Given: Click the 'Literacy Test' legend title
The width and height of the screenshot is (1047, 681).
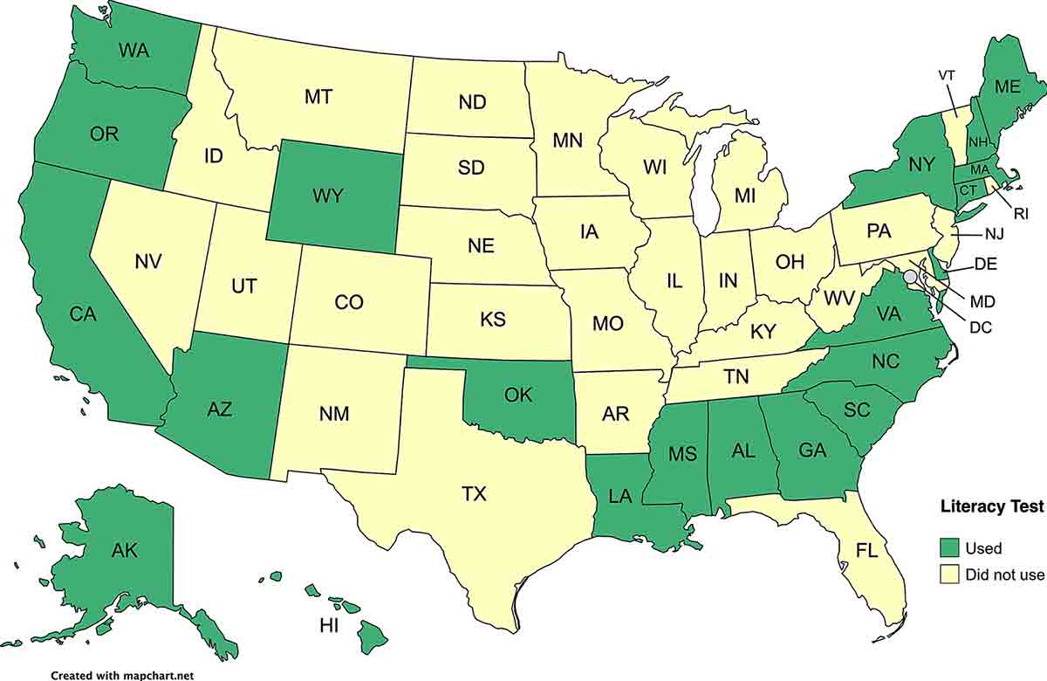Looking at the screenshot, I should click(992, 506).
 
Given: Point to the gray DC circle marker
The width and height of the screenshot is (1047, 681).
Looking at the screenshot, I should click(911, 276).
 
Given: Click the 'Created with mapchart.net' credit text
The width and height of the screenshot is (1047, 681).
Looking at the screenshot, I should click(121, 675).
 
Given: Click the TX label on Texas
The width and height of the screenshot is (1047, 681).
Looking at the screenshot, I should click(474, 495).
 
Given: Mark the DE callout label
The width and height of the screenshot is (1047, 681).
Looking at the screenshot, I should click(986, 263).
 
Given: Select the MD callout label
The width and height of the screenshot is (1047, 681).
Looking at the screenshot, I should click(982, 301).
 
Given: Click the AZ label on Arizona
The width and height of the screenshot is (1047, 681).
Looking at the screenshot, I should click(220, 408).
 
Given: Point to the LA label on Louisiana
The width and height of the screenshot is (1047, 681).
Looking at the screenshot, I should click(620, 497).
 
